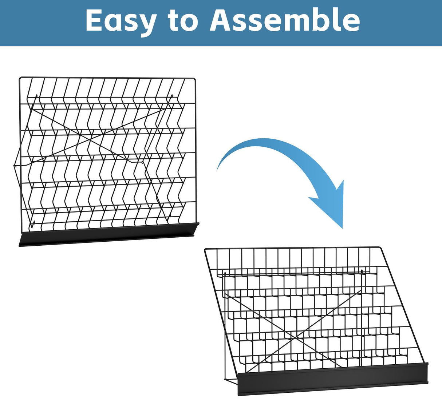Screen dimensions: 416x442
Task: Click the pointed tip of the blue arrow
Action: pos(342,227)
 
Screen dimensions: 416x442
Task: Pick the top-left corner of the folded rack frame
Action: pos(20,78)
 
